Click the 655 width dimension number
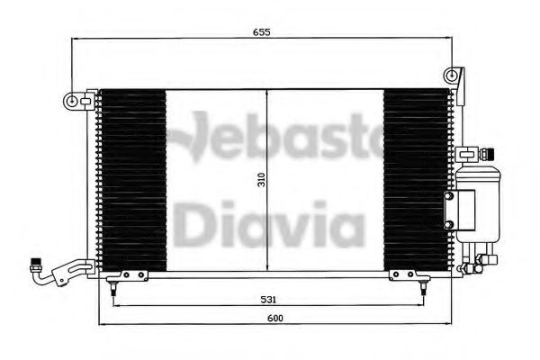(x=262, y=32)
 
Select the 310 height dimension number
(x=261, y=180)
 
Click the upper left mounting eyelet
(x=70, y=99)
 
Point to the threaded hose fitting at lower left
(x=35, y=266)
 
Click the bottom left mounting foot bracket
(x=132, y=275)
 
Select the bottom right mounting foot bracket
(x=401, y=275)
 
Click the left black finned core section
(x=132, y=179)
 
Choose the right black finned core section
(x=416, y=179)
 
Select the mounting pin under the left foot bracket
(x=112, y=288)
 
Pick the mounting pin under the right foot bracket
(x=422, y=288)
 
